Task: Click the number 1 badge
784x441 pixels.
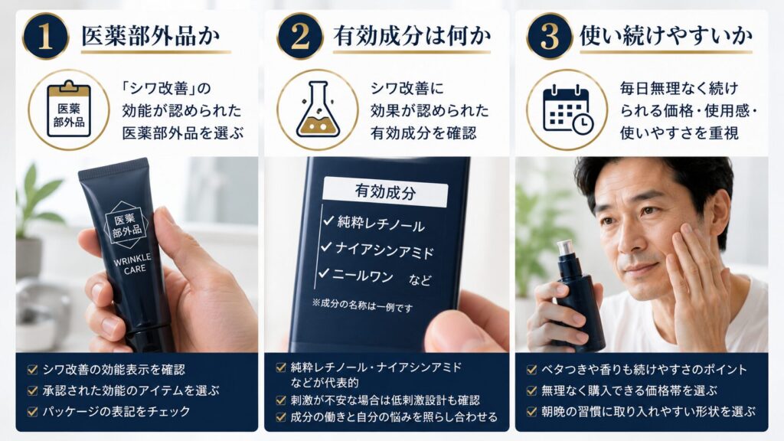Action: click(45, 36)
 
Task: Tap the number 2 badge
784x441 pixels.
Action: click(299, 36)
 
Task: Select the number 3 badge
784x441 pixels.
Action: click(550, 36)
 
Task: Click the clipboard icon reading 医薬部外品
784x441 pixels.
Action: click(69, 109)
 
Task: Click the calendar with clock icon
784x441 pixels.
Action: click(568, 110)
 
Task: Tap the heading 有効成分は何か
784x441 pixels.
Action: click(412, 36)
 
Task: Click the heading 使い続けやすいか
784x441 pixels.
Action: click(666, 36)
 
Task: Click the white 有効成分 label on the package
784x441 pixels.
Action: click(385, 191)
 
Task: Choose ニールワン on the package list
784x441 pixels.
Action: click(363, 276)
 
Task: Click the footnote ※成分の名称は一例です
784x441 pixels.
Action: click(362, 305)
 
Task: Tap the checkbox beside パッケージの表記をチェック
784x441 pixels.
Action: click(32, 412)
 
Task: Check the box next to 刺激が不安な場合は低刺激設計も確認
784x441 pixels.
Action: click(281, 400)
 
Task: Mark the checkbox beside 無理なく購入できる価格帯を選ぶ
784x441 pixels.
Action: click(531, 390)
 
